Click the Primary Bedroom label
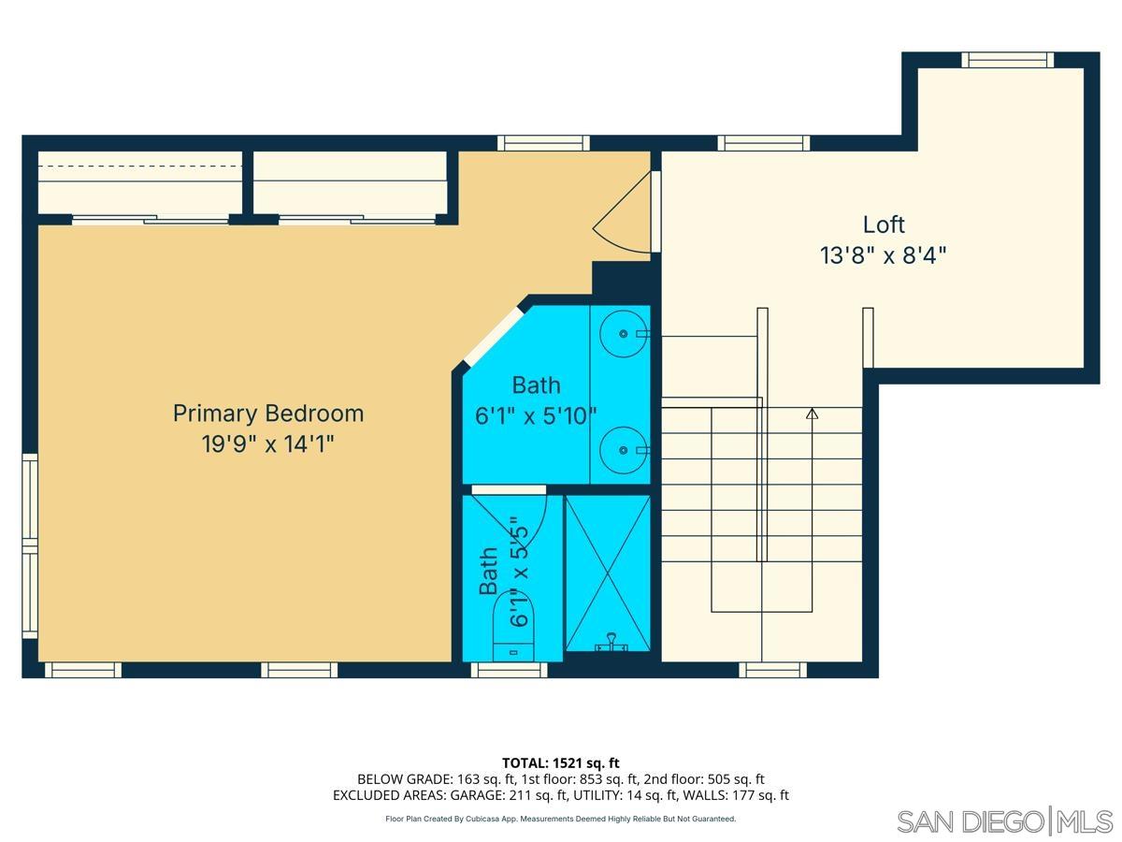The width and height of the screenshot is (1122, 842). point(268,413)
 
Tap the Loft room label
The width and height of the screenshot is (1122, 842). point(884,225)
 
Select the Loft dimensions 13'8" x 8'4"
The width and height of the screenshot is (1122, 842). point(884,255)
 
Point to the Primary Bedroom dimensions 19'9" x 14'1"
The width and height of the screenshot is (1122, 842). point(268,443)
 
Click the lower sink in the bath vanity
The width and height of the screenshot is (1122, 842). point(620,450)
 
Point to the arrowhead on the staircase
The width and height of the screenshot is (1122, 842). point(812,413)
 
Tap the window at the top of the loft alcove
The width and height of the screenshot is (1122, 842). point(1007,60)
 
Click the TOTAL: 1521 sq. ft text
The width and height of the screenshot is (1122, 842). point(561,762)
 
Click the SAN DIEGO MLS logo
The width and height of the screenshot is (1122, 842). point(1004,820)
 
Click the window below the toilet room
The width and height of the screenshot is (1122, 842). point(508,670)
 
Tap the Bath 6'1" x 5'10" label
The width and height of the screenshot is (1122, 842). point(536,400)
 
